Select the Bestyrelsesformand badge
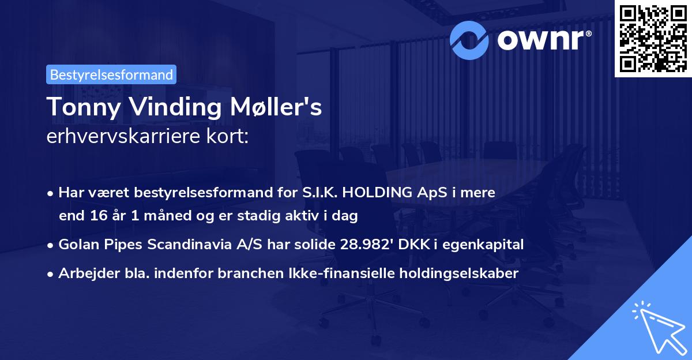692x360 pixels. [x=111, y=74]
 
